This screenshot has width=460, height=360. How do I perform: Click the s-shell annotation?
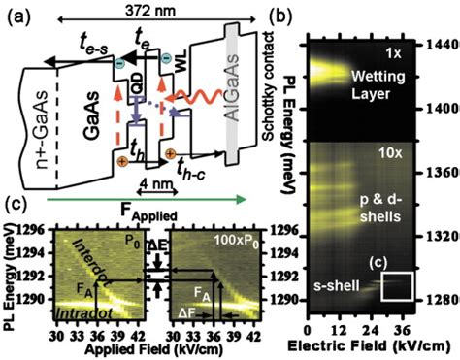(340, 284)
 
